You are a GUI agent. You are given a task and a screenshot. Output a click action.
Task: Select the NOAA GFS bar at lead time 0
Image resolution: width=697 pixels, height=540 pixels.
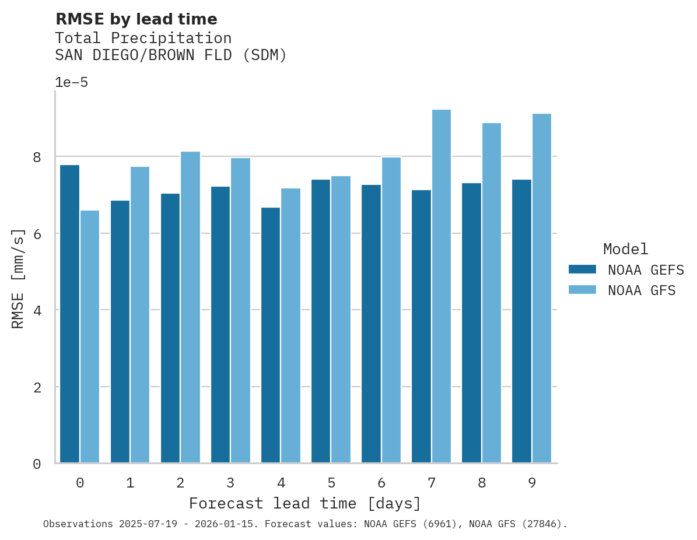(90, 336)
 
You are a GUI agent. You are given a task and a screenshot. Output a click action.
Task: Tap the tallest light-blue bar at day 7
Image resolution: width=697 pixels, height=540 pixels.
(441, 286)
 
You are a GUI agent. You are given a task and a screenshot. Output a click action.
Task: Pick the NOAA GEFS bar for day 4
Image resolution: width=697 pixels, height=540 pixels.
(271, 335)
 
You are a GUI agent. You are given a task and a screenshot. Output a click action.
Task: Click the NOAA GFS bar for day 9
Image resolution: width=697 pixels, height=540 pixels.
(541, 288)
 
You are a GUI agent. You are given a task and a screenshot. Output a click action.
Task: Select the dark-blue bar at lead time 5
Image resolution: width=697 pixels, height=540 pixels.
(321, 321)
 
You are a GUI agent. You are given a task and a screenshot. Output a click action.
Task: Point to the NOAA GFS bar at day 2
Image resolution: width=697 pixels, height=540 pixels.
(190, 307)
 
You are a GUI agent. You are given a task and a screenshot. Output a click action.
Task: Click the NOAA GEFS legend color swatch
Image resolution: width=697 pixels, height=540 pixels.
(582, 269)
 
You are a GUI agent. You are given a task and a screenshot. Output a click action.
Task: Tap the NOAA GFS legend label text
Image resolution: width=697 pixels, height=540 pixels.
(642, 290)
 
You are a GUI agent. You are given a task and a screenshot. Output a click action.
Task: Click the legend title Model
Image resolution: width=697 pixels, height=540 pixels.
(625, 250)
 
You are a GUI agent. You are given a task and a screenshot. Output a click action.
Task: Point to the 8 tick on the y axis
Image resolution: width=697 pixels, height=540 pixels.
(37, 157)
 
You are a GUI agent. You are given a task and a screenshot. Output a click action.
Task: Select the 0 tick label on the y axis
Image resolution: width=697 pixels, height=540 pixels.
(37, 464)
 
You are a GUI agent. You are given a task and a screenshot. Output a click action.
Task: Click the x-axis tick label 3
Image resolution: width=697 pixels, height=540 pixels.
(230, 483)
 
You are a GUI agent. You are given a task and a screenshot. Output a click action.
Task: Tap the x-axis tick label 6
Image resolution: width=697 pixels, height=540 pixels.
(381, 483)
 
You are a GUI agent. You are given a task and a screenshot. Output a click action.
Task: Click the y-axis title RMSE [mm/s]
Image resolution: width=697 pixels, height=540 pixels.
(19, 278)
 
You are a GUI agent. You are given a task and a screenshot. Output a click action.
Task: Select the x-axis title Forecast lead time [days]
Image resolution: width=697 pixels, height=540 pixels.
(304, 503)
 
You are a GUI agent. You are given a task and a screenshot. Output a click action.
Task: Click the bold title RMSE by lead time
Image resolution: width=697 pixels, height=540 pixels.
(136, 19)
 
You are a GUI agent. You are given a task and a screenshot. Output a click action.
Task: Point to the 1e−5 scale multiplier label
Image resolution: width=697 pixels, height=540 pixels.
(71, 82)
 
